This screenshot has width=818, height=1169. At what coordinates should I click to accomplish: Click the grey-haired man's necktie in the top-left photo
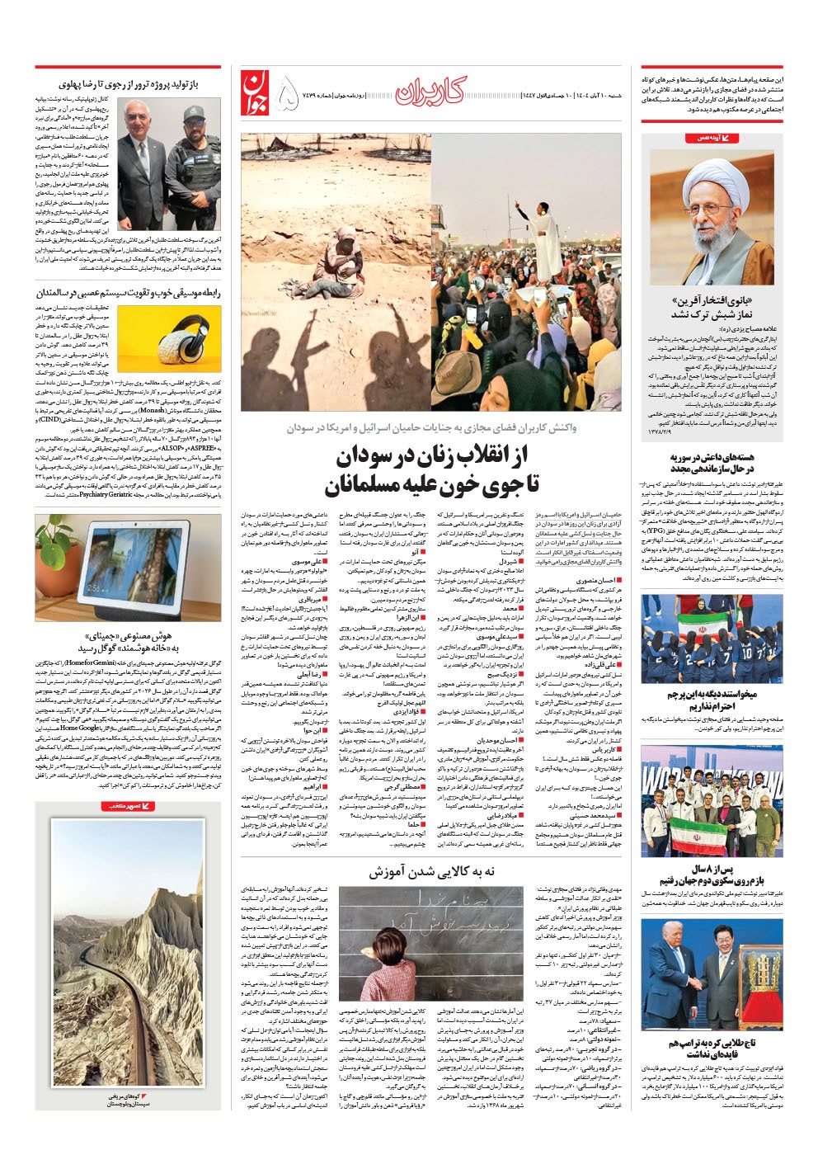[x=142, y=149]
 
